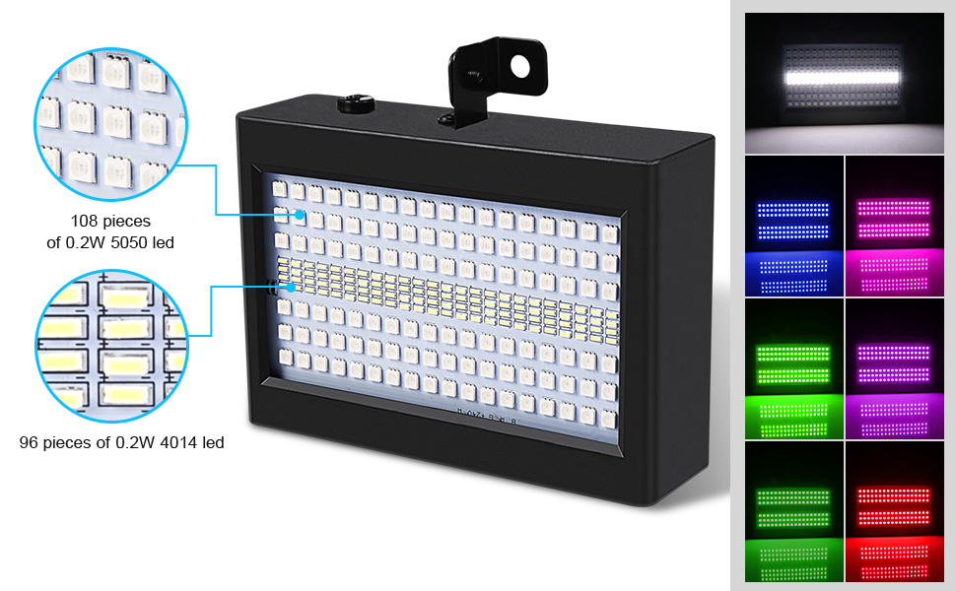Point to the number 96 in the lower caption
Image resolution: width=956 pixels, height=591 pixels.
point(30,443)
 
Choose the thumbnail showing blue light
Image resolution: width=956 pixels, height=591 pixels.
point(794,227)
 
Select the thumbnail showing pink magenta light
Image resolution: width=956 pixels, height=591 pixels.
point(894,227)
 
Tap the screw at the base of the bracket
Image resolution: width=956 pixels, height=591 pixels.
point(446,119)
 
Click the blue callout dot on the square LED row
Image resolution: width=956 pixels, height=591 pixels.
point(294,214)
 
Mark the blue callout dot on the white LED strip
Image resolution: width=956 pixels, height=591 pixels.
point(292,288)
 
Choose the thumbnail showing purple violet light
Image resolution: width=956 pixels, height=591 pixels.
point(894,369)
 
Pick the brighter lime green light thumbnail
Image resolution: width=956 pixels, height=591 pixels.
point(794,369)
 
